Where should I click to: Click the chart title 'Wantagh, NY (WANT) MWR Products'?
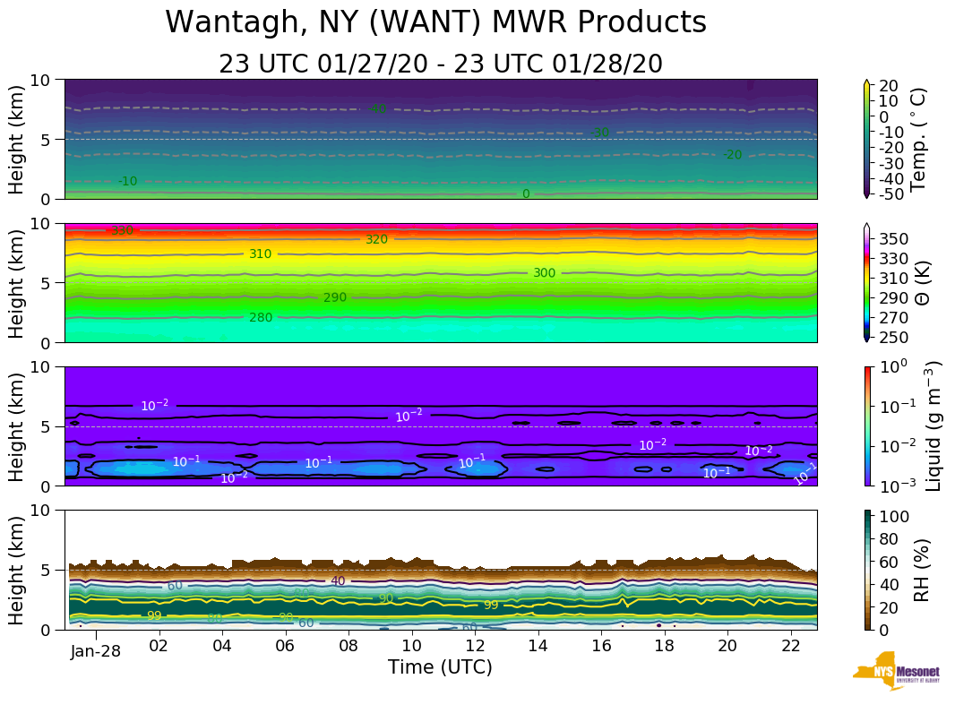click(436, 23)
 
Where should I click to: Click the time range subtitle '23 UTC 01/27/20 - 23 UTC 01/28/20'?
click(440, 64)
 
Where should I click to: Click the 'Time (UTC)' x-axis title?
click(440, 667)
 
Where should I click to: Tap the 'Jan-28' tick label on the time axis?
click(96, 650)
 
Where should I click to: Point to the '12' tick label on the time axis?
click(475, 645)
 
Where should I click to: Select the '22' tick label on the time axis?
click(790, 645)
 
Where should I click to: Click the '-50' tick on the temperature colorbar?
click(892, 194)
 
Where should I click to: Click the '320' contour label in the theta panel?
click(376, 239)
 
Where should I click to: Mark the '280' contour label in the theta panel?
click(261, 317)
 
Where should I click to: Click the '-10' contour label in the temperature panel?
click(128, 181)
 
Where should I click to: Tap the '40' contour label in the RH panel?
click(338, 580)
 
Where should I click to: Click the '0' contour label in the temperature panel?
click(526, 193)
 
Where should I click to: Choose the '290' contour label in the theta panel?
click(335, 297)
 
